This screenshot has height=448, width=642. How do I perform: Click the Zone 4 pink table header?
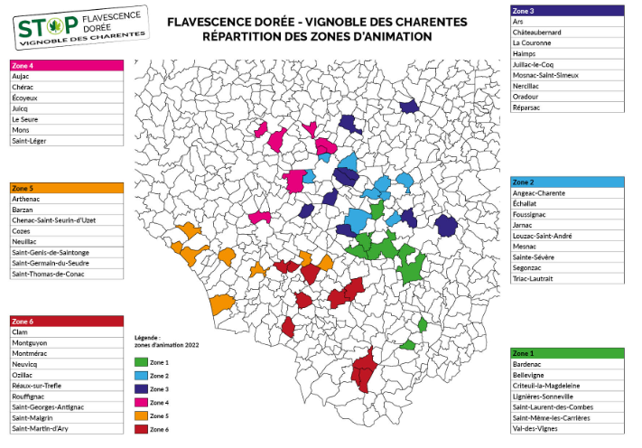coord(66,66)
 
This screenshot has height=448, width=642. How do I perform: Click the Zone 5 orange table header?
coord(66,188)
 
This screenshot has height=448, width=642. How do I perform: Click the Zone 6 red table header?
coord(66,321)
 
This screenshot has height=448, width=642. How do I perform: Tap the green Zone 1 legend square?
coord(139,361)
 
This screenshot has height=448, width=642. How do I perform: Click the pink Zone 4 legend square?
coord(139,402)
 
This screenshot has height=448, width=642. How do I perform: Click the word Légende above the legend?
coord(147,337)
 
